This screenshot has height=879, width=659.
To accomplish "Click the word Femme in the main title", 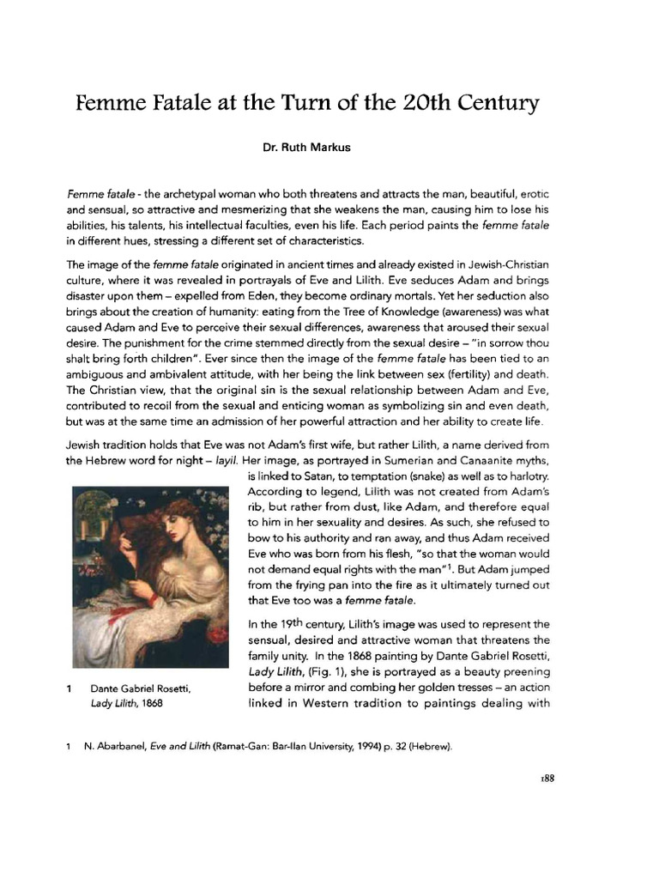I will coord(110,105).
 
